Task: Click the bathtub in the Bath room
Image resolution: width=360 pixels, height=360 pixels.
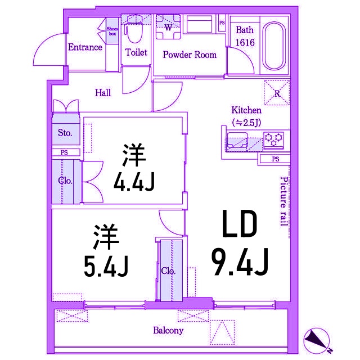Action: (274, 46)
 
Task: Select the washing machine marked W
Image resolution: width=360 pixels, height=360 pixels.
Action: (168, 27)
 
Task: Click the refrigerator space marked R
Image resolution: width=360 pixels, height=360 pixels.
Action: (277, 93)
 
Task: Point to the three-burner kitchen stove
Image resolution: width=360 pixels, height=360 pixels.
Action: (273, 139)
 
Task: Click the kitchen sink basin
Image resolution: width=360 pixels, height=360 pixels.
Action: (237, 140)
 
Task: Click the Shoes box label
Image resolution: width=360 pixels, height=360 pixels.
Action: (112, 31)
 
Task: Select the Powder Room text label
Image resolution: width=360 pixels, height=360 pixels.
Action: (190, 55)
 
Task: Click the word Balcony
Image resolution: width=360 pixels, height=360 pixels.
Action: (168, 331)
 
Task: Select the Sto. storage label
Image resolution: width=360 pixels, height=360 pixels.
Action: (65, 133)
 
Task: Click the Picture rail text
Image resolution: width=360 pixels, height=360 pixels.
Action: (284, 201)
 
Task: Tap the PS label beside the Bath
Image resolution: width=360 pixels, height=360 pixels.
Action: (222, 22)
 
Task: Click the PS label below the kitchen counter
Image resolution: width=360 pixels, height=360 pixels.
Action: (276, 159)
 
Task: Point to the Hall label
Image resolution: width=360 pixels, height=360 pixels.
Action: (103, 93)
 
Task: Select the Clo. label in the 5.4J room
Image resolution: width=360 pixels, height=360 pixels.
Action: (168, 271)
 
